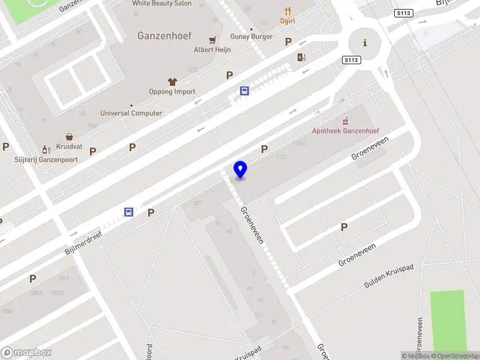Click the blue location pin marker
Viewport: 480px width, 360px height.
click(240, 170)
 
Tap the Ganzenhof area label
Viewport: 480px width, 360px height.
click(164, 36)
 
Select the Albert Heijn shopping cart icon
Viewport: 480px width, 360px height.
click(212, 40)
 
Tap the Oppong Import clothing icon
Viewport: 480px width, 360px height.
click(172, 82)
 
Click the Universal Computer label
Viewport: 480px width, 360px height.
click(131, 113)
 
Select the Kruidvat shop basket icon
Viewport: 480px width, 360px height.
click(70, 137)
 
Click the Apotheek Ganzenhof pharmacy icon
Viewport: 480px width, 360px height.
click(345, 121)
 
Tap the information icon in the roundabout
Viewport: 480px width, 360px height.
click(365, 43)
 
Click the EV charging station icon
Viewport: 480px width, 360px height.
click(301, 58)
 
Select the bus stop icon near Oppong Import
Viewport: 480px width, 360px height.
click(245, 91)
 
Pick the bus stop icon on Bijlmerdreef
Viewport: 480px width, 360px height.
click(128, 212)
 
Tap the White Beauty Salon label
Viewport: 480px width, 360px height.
click(162, 4)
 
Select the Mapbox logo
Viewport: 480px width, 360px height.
click(26, 353)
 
